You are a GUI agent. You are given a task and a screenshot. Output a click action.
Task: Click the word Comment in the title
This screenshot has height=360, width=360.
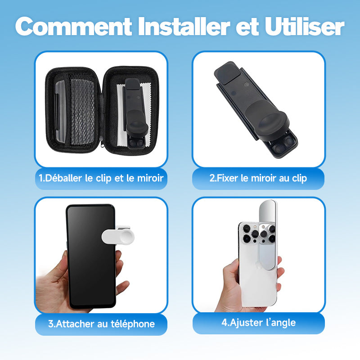[x=73, y=26]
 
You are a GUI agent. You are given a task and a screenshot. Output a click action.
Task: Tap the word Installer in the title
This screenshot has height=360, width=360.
[x=184, y=26]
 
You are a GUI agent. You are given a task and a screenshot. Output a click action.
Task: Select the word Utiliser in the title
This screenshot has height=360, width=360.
[x=305, y=26]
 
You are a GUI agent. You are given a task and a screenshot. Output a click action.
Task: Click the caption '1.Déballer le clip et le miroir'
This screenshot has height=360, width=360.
[x=101, y=178]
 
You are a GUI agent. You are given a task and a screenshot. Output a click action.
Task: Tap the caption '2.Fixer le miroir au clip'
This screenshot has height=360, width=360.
[x=258, y=178]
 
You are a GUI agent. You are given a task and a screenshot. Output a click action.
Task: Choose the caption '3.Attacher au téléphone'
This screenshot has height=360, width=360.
[x=101, y=324]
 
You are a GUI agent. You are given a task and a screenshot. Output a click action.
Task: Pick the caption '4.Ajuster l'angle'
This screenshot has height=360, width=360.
[x=258, y=323]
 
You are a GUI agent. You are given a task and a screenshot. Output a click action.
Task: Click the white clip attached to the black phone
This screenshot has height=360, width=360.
[x=118, y=236]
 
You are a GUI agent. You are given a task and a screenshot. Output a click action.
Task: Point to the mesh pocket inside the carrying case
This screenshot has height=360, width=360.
[x=82, y=112]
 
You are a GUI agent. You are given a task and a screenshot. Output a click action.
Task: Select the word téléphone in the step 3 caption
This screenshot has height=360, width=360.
[x=133, y=324]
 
